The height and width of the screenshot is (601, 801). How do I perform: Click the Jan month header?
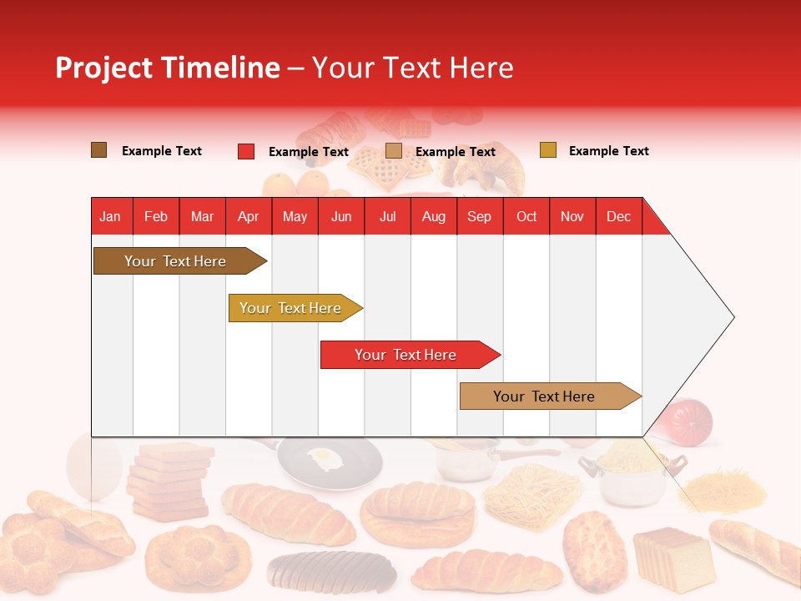(x=110, y=216)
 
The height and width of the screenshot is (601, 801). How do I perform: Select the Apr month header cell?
(x=248, y=216)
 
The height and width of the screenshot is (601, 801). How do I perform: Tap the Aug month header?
(x=433, y=216)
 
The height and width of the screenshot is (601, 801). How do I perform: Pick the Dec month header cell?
(x=618, y=216)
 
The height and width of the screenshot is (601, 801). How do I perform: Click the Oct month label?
(x=526, y=216)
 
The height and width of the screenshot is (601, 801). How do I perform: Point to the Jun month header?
(x=340, y=216)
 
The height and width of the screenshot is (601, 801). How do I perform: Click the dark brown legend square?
(x=98, y=150)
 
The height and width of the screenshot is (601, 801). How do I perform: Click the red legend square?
(x=245, y=151)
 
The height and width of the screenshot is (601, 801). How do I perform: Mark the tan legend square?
(x=393, y=151)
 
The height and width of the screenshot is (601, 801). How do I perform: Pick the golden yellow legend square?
(x=547, y=150)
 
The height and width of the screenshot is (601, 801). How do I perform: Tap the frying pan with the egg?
(x=330, y=462)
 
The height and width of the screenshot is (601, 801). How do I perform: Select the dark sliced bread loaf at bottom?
(x=331, y=571)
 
